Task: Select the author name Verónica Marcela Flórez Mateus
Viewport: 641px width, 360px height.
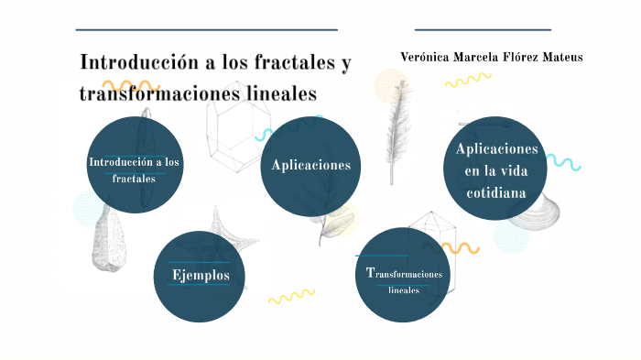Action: pyautogui.click(x=491, y=57)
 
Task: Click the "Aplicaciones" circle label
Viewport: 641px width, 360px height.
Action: pyautogui.click(x=310, y=165)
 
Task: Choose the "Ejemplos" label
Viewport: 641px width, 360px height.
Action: pyautogui.click(x=199, y=275)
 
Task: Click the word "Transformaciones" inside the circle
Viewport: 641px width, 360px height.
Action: pyautogui.click(x=404, y=274)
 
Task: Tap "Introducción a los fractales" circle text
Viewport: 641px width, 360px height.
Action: pyautogui.click(x=135, y=169)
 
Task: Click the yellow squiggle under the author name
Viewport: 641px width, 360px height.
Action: pyautogui.click(x=467, y=81)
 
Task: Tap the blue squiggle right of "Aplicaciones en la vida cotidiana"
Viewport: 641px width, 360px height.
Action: pyautogui.click(x=563, y=163)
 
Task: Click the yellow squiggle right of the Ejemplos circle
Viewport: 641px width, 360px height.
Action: pyautogui.click(x=290, y=296)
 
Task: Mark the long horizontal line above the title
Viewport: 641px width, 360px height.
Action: pyautogui.click(x=206, y=30)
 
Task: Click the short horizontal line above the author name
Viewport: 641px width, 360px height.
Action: pyautogui.click(x=483, y=30)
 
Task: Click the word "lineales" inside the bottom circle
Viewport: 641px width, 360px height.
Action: pyautogui.click(x=404, y=290)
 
